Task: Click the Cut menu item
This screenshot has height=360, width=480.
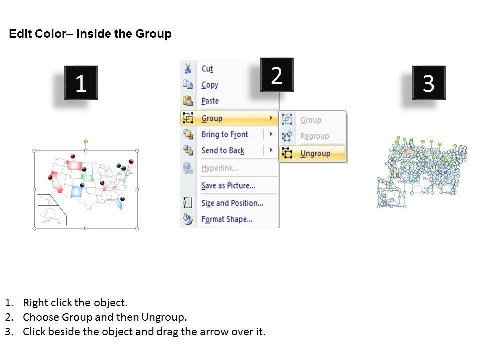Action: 207,69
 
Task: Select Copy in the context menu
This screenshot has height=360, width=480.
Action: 210,85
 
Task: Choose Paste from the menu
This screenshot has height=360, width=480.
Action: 210,101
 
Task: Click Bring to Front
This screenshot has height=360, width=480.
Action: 224,134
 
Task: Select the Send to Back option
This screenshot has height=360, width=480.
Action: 223,150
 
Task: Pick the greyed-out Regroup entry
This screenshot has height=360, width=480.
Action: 314,136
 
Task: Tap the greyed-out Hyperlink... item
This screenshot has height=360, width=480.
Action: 220,168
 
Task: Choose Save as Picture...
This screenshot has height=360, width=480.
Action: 228,186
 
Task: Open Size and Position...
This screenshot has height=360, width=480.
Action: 232,203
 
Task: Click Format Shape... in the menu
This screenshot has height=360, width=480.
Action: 227,219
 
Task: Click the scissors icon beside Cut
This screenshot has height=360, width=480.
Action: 188,68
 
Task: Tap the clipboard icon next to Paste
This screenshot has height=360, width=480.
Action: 188,100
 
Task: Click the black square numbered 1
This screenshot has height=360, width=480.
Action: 81,82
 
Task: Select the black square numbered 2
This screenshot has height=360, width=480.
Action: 277,75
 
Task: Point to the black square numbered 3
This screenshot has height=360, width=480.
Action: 429,82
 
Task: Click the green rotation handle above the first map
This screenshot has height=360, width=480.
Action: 86,141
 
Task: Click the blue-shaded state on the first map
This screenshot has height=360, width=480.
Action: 76,192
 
